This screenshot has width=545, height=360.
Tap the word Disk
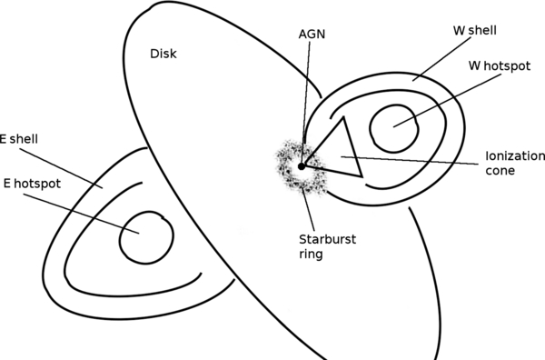pyautogui.click(x=163, y=55)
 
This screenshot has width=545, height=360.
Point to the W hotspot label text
pyautogui.click(x=500, y=65)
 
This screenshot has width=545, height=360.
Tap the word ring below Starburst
pyautogui.click(x=311, y=256)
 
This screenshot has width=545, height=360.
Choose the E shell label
pyautogui.click(x=19, y=138)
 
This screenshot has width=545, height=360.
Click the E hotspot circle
pyautogui.click(x=146, y=236)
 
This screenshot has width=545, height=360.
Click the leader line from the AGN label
pyautogui.click(x=306, y=100)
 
